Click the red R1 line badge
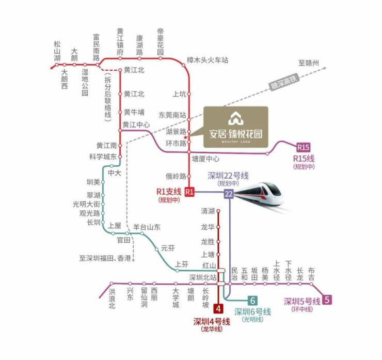tap(189, 192)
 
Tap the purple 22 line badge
tap(229, 194)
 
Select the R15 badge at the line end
tap(304, 148)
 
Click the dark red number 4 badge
tap(218, 309)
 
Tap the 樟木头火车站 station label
tap(207, 60)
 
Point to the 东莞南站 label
tap(172, 114)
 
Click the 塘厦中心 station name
tap(205, 159)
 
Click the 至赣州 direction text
tap(309, 64)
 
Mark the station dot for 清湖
tap(218, 211)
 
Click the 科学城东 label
tap(102, 156)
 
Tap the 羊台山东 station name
tap(147, 227)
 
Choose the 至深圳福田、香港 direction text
tap(105, 257)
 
